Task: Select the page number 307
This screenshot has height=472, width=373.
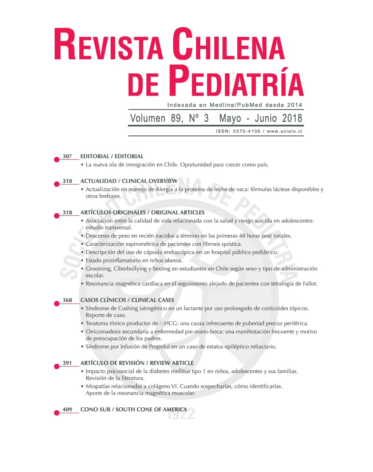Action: click(x=67, y=157)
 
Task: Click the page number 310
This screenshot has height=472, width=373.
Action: click(x=67, y=181)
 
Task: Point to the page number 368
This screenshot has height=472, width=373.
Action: click(x=67, y=300)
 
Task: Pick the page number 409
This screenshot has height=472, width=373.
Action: click(x=67, y=409)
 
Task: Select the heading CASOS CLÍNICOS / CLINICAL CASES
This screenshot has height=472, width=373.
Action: click(x=127, y=300)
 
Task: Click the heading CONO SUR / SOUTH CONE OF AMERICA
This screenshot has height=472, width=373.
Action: click(x=134, y=409)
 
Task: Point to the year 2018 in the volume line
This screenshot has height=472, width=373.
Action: click(x=292, y=119)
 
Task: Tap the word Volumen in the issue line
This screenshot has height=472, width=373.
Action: click(x=148, y=119)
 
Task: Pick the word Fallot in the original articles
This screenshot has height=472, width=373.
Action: click(x=310, y=284)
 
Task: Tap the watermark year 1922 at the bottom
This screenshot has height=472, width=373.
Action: click(x=181, y=414)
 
